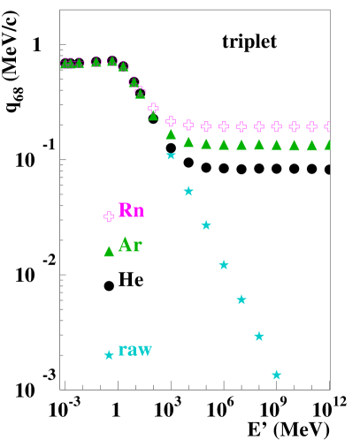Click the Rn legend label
pyautogui.click(x=131, y=210)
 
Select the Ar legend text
pyautogui.click(x=129, y=246)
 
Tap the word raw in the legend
pyautogui.click(x=134, y=350)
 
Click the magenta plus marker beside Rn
pyautogui.click(x=109, y=216)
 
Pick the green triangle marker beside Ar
pyautogui.click(x=109, y=252)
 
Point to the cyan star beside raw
pyautogui.click(x=109, y=355)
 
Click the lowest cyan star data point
pyautogui.click(x=277, y=375)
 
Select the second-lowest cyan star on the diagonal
pyautogui.click(x=259, y=336)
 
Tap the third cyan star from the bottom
pyautogui.click(x=241, y=300)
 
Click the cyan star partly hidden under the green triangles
pyautogui.click(x=171, y=156)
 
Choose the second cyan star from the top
pyautogui.click(x=188, y=191)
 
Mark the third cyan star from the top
pyautogui.click(x=206, y=225)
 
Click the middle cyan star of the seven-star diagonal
pyautogui.click(x=224, y=264)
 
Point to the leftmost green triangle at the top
pyautogui.click(x=65, y=64)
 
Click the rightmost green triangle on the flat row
pyautogui.click(x=328, y=145)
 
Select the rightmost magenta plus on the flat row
pyautogui.click(x=328, y=126)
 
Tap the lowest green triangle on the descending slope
pyautogui.click(x=171, y=134)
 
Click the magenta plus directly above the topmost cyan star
pyautogui.click(x=171, y=121)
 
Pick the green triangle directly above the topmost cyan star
pyautogui.click(x=171, y=134)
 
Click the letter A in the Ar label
pyautogui.click(x=124, y=246)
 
